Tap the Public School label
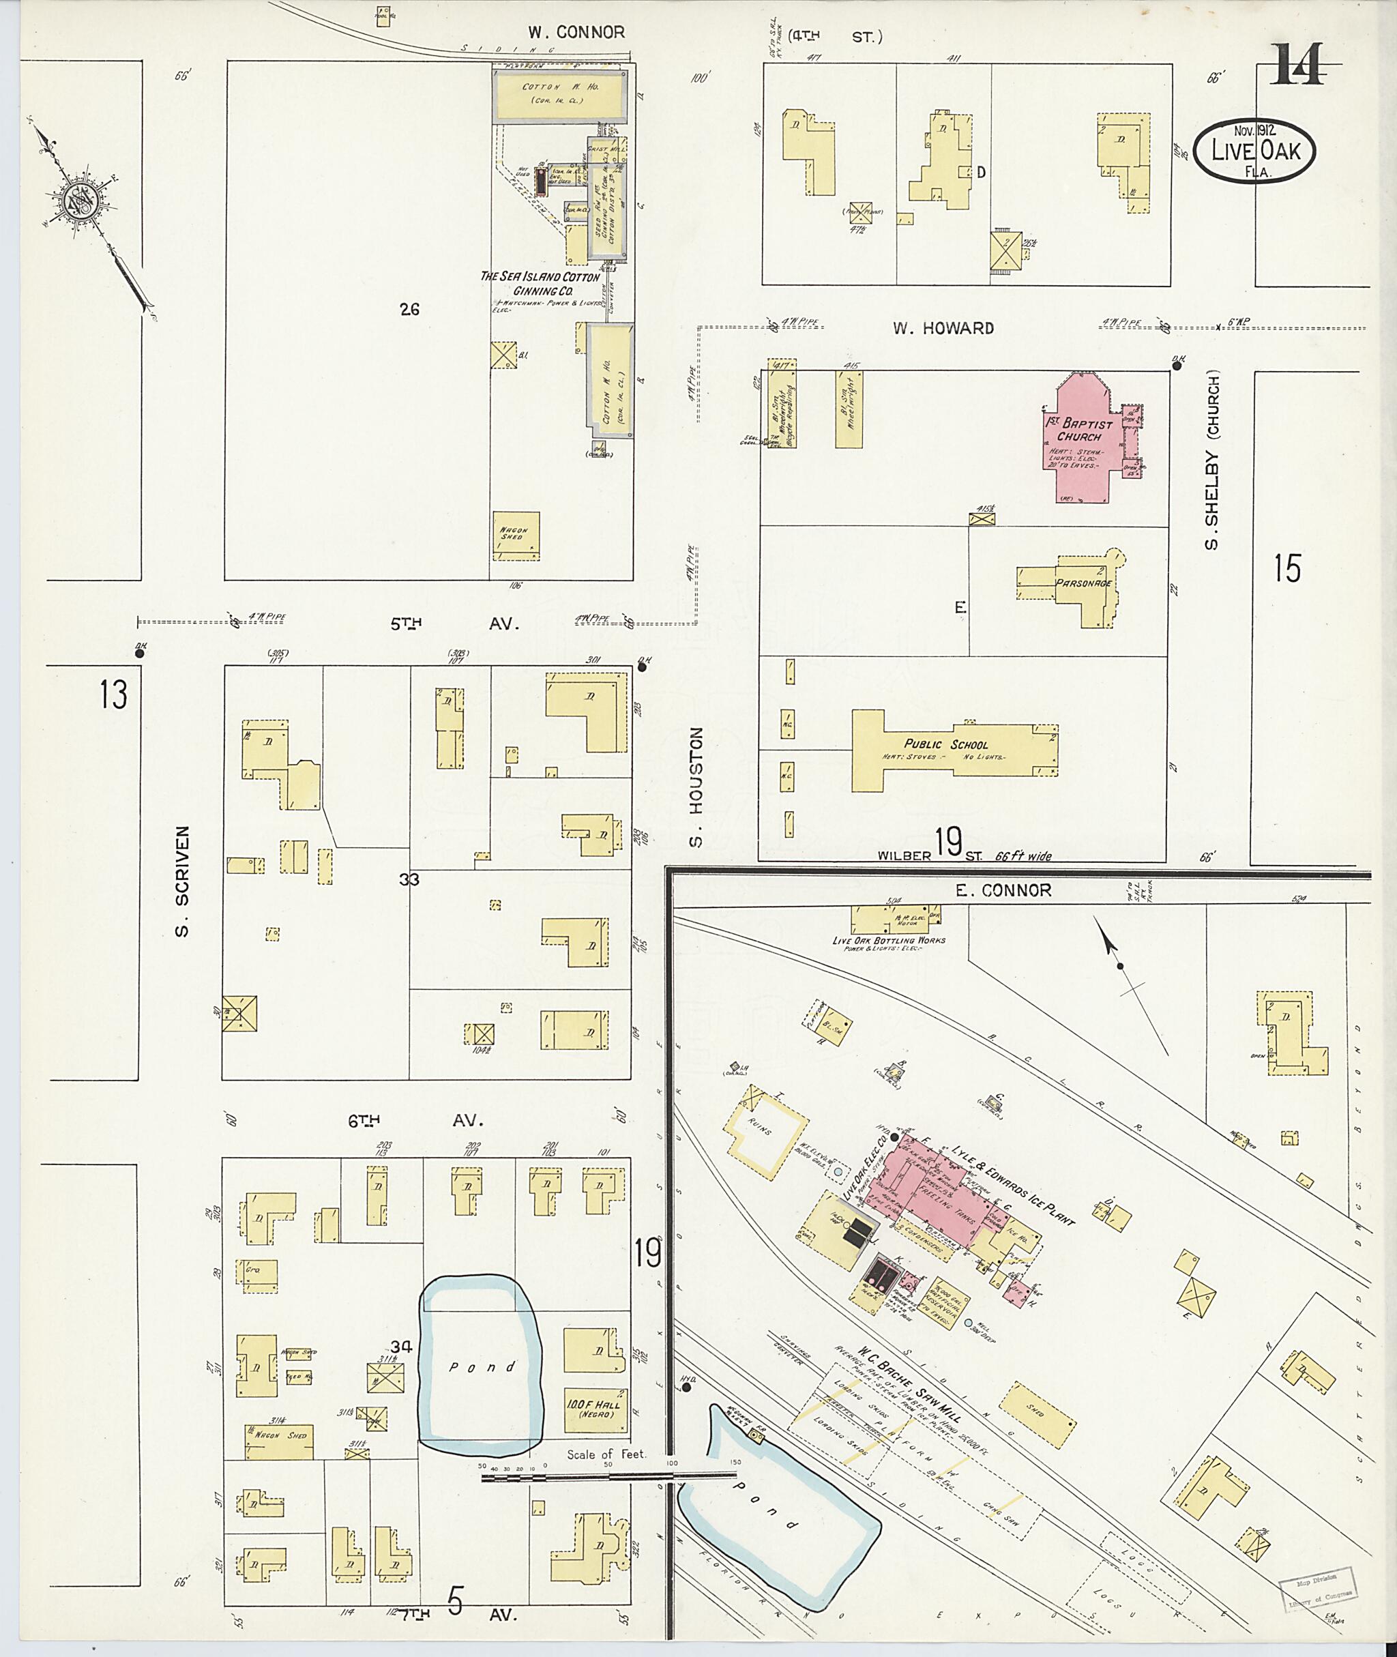(x=946, y=744)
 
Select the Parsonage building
(x=1083, y=583)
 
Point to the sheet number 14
(x=1299, y=65)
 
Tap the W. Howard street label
(x=943, y=328)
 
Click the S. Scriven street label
(x=182, y=881)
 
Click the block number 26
(x=409, y=310)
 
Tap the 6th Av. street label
(x=425, y=1121)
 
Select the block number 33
(x=409, y=879)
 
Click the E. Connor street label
(x=1003, y=890)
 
